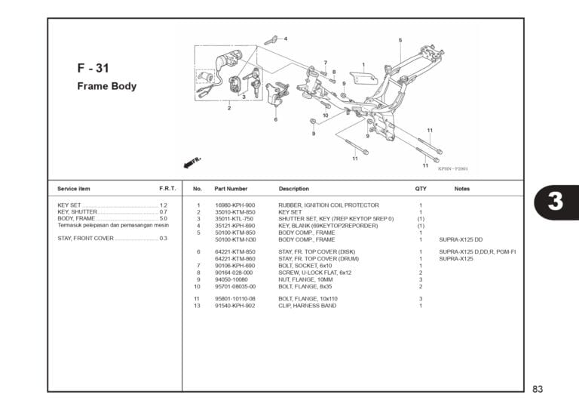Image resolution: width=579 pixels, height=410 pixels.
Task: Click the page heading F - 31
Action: (x=93, y=68)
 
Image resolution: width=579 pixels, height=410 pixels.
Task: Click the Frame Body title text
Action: (x=106, y=86)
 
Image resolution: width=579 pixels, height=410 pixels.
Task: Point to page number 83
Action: (x=538, y=390)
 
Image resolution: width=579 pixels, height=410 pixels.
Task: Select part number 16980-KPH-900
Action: (x=234, y=205)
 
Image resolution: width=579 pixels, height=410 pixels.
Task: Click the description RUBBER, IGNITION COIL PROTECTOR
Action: (x=328, y=205)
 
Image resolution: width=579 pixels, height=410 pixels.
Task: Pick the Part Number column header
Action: (x=231, y=188)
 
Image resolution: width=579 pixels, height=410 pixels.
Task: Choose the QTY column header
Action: (x=421, y=188)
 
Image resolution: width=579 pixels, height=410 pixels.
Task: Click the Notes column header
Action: (x=462, y=188)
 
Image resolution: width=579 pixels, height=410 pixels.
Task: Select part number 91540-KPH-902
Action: (x=234, y=306)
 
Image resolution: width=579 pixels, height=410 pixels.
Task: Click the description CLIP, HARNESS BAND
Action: (x=307, y=306)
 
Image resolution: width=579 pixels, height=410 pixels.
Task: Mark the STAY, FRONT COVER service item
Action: (x=85, y=239)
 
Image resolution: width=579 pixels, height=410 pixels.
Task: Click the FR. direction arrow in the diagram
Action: (x=193, y=162)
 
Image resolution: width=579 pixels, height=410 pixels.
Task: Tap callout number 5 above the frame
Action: (x=400, y=40)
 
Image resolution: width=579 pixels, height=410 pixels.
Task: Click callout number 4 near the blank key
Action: (x=285, y=39)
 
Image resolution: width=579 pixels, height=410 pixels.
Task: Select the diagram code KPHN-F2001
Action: (x=452, y=169)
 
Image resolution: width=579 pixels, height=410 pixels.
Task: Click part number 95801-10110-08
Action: (x=235, y=299)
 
